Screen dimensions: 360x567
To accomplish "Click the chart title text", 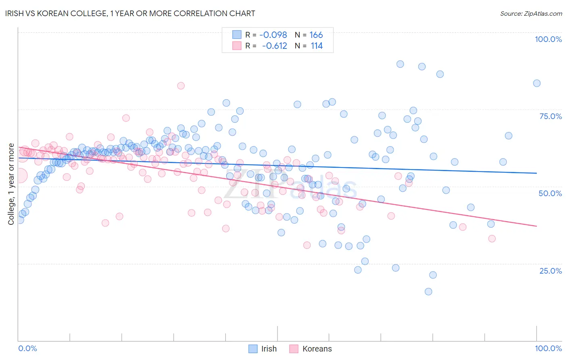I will tap(131, 13).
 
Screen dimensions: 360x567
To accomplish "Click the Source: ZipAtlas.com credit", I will tap(531, 13).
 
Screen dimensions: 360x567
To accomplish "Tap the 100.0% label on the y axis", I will tap(548, 39).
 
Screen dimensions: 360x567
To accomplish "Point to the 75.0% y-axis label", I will tap(550, 116).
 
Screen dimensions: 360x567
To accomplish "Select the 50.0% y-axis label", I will tap(550, 193).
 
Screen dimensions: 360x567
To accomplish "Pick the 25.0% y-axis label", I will tap(550, 270).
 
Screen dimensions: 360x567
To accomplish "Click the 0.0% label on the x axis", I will tap(27, 348).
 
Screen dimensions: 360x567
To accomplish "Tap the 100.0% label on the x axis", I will tap(548, 348).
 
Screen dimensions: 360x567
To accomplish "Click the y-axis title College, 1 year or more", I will tap(11, 184).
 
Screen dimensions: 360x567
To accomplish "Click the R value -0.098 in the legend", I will tap(273, 35).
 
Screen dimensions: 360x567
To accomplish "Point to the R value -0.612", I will tap(274, 46).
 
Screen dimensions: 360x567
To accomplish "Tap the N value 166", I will tap(316, 35).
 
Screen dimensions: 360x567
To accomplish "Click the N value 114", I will tap(317, 46).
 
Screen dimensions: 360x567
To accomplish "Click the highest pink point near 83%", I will tap(181, 86).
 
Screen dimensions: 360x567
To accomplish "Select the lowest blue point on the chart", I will tap(428, 291).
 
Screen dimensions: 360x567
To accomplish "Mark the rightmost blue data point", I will tap(536, 83).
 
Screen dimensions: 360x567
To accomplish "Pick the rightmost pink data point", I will tap(492, 239).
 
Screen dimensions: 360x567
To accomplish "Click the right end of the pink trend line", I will tap(536, 226).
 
